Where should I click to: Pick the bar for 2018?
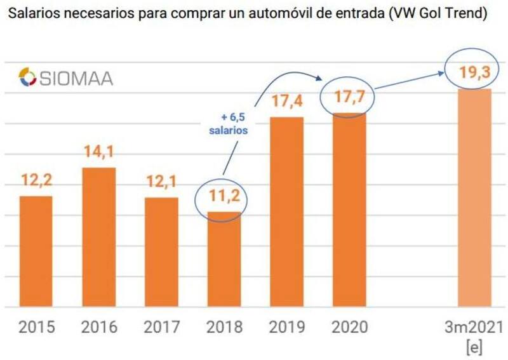[x=225, y=259]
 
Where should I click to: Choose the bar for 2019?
[x=287, y=212]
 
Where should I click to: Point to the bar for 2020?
[x=349, y=210]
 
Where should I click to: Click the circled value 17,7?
[x=349, y=98]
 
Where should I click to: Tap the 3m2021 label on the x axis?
[x=475, y=327]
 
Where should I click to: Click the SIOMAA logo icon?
[x=27, y=78]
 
